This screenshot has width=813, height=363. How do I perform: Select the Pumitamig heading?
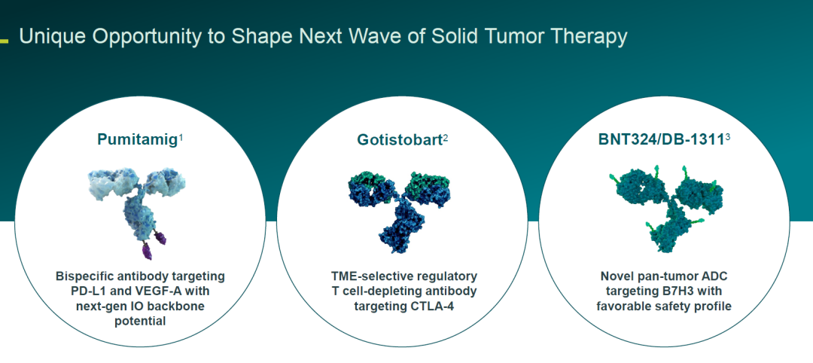pyautogui.click(x=138, y=139)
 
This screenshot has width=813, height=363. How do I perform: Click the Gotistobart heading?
pyautogui.click(x=400, y=139)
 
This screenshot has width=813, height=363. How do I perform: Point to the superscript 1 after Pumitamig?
pyautogui.click(x=181, y=137)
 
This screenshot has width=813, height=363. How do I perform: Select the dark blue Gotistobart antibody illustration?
pyautogui.click(x=400, y=210)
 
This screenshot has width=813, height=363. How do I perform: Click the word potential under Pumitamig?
pyautogui.click(x=140, y=322)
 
